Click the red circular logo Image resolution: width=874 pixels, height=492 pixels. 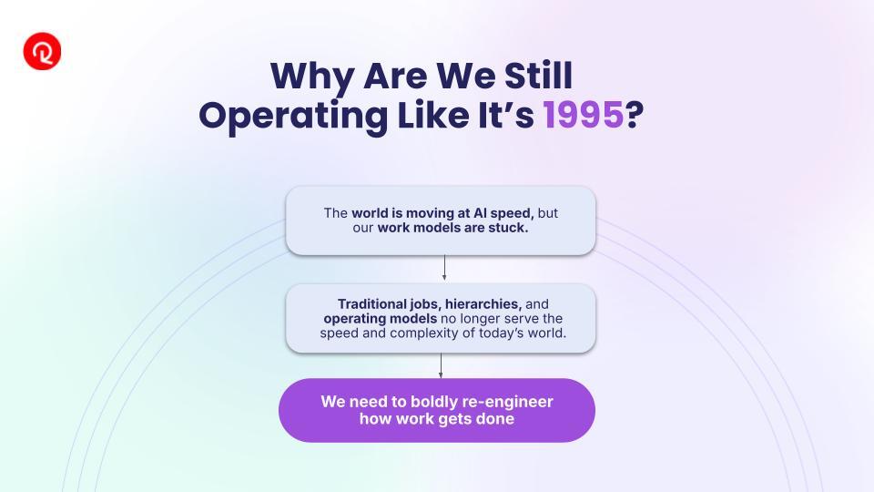pos(42,51)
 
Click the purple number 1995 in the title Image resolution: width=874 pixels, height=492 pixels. pos(583,116)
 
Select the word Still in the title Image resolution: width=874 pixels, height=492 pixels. pos(538,76)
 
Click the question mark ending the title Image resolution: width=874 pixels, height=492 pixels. pos(635,116)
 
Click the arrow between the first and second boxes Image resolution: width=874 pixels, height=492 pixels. pos(444,268)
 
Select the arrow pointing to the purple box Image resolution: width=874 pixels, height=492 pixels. pos(441,366)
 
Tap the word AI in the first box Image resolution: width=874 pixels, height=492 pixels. pos(480,213)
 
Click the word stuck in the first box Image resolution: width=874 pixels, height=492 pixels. pos(508,228)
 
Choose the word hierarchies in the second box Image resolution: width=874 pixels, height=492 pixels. pos(483,304)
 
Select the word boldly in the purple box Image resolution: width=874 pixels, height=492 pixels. pos(432,402)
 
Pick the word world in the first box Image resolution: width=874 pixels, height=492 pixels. pos(370,213)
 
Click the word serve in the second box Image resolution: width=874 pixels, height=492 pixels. pos(521,319)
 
